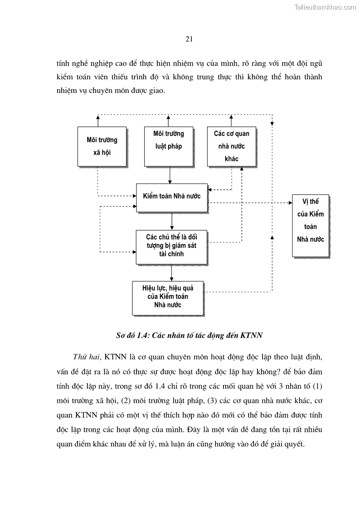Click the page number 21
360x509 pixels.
pyautogui.click(x=190, y=39)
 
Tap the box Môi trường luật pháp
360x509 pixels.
pyautogui.click(x=169, y=146)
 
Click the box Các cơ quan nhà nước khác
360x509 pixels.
pyautogui.click(x=231, y=146)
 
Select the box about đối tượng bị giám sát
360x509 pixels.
pyautogui.click(x=171, y=247)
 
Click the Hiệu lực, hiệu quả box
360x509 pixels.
pyautogui.click(x=168, y=298)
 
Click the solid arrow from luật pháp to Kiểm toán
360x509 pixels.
pyautogui.click(x=169, y=175)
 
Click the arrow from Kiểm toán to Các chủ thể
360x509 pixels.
pyautogui.click(x=172, y=221)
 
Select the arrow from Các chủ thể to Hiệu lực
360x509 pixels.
pyautogui.click(x=171, y=272)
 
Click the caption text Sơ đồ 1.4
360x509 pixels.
pyautogui.click(x=132, y=336)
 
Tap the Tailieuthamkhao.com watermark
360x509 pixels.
pyautogui.click(x=325, y=7)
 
